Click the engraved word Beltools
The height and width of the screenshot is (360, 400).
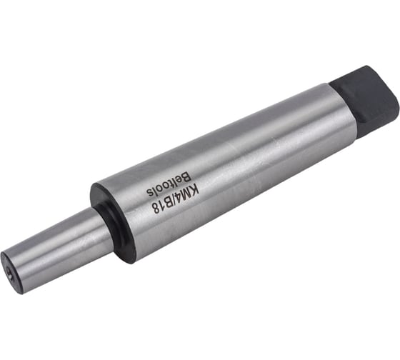168,184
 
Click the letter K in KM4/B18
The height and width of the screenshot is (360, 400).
194,191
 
